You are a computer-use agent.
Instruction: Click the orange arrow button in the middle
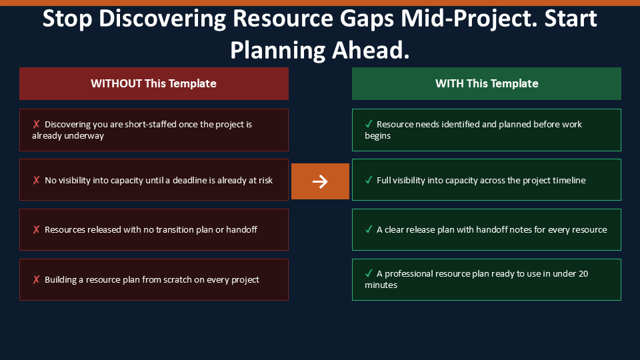point(320,181)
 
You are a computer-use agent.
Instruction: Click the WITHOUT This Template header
point(154,84)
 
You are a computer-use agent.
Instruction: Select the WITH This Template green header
point(487,84)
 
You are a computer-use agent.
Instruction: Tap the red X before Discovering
point(36,124)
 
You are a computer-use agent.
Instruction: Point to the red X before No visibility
point(36,180)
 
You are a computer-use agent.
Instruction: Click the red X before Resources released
point(36,229)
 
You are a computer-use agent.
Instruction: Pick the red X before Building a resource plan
point(36,279)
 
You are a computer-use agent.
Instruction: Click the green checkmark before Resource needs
point(369,124)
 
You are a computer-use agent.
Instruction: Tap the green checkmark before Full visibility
point(369,179)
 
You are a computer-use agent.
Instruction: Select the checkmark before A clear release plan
point(369,229)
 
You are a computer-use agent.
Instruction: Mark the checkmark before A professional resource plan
point(369,273)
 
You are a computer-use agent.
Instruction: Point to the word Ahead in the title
point(371,50)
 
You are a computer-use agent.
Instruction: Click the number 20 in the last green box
point(583,273)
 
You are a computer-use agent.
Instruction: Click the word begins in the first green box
point(377,136)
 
